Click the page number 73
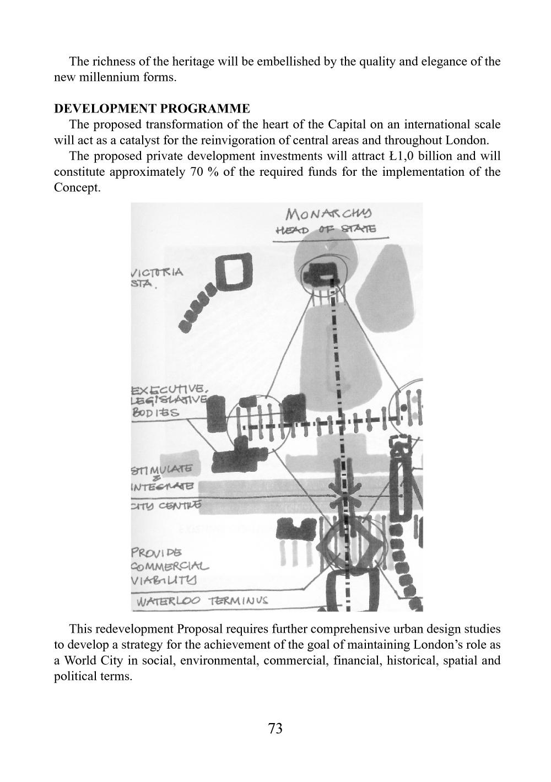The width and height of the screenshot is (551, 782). coord(275,729)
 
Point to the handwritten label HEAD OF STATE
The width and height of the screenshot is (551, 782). coord(326,229)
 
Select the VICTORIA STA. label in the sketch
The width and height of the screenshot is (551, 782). coord(156,278)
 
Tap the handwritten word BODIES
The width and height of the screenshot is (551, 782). coord(155,412)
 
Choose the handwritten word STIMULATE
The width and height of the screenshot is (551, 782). coord(161,470)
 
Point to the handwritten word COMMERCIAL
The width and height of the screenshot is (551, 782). coord(170,565)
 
